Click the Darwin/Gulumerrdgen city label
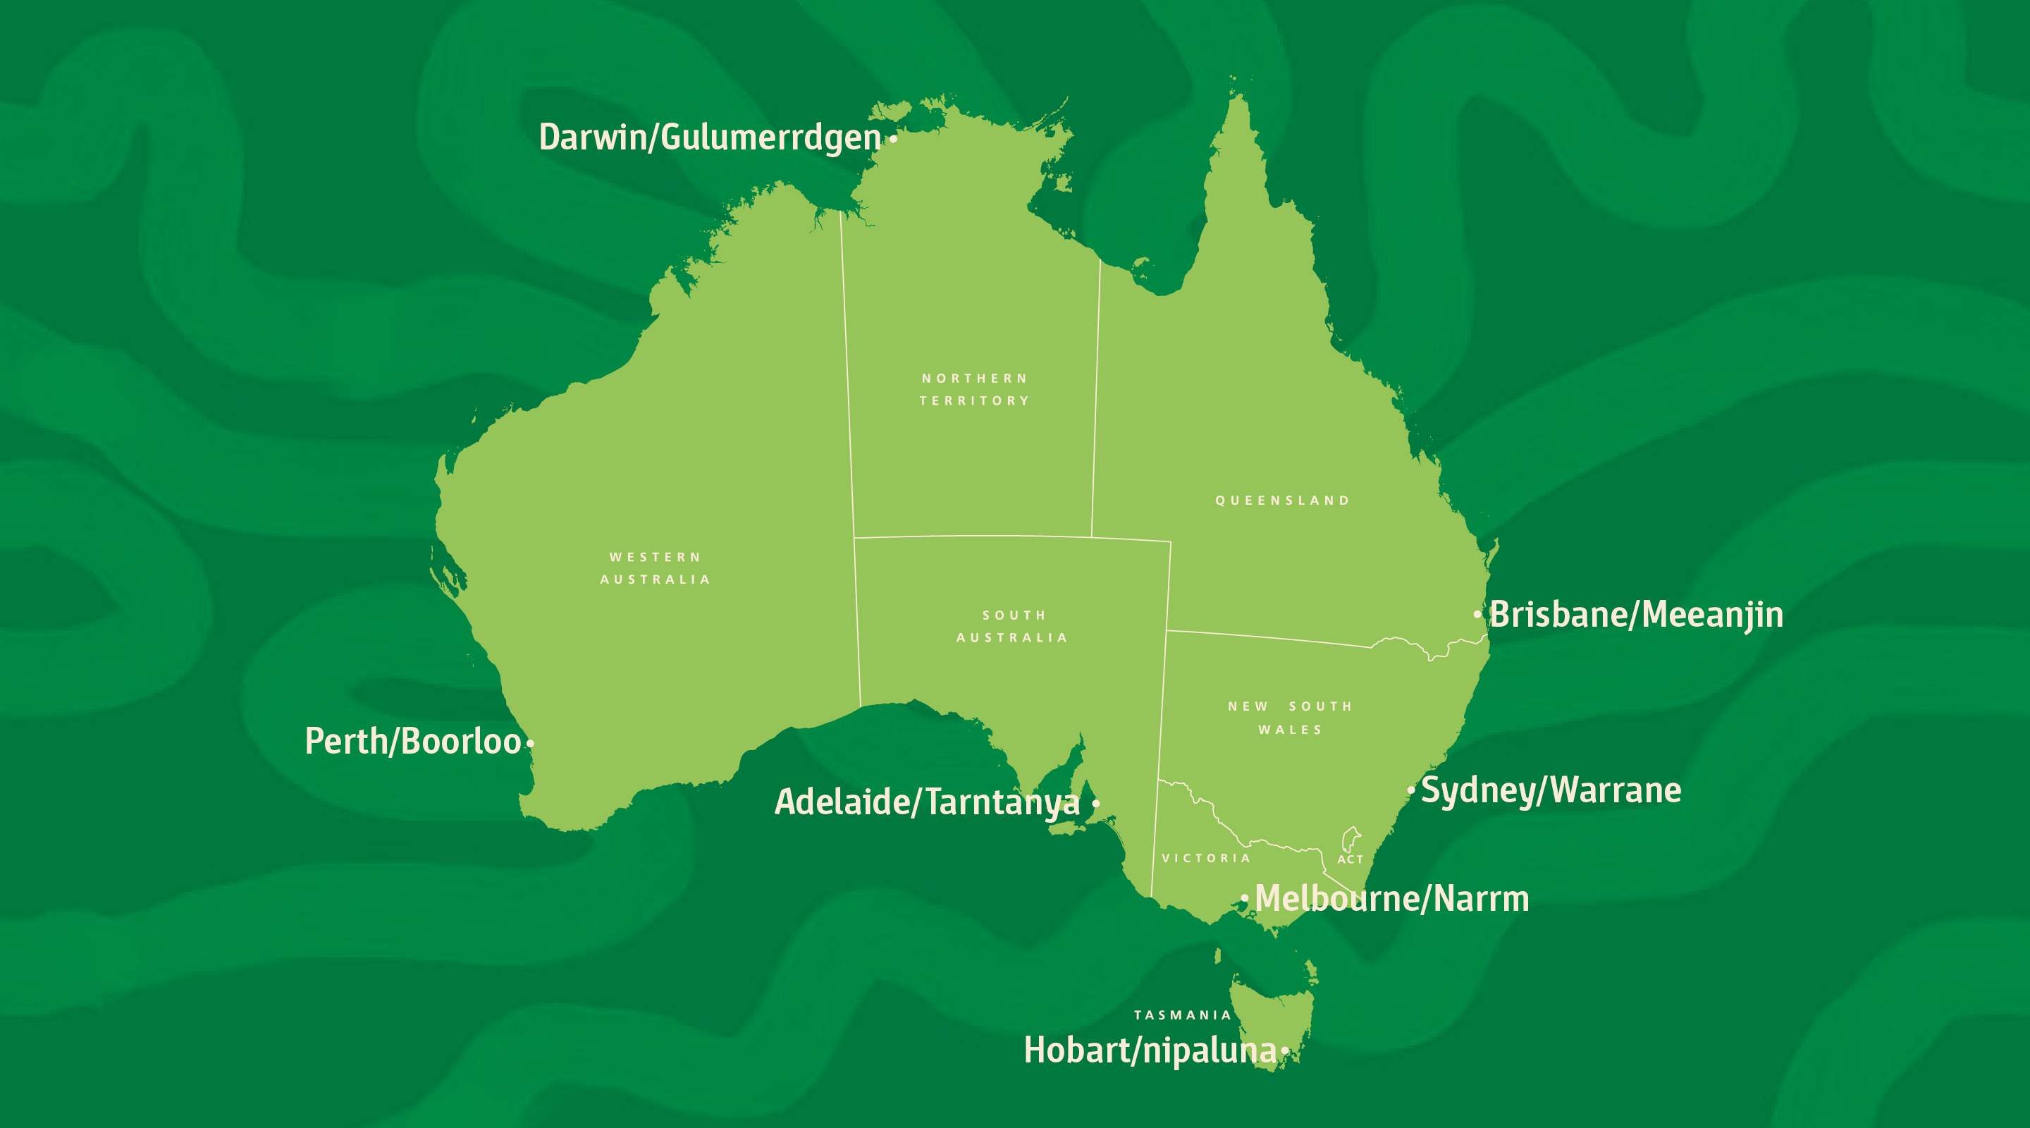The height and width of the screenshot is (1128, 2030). click(709, 138)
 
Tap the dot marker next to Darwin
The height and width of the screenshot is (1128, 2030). click(894, 140)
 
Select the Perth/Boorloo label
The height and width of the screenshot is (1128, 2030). click(413, 742)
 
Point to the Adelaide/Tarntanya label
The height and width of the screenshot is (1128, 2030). click(927, 802)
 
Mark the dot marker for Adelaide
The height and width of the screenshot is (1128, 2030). click(1095, 803)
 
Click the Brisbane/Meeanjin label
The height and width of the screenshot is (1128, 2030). click(1636, 615)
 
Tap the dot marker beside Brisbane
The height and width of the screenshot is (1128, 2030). click(1477, 614)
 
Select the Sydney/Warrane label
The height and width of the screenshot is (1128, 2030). click(1550, 790)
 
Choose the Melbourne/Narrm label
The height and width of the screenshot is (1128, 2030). click(1391, 899)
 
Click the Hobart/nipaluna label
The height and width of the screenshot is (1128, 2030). click(1150, 1050)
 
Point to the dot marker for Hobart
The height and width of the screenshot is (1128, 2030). click(1284, 1050)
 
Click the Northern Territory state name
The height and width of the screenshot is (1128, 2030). click(975, 389)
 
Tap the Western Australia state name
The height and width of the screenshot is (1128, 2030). click(655, 568)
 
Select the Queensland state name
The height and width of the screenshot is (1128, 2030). click(1282, 501)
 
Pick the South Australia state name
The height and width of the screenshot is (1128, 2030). click(1013, 626)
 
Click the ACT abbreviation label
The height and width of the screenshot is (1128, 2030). click(1350, 859)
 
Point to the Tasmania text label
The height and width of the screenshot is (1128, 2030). click(1182, 1015)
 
